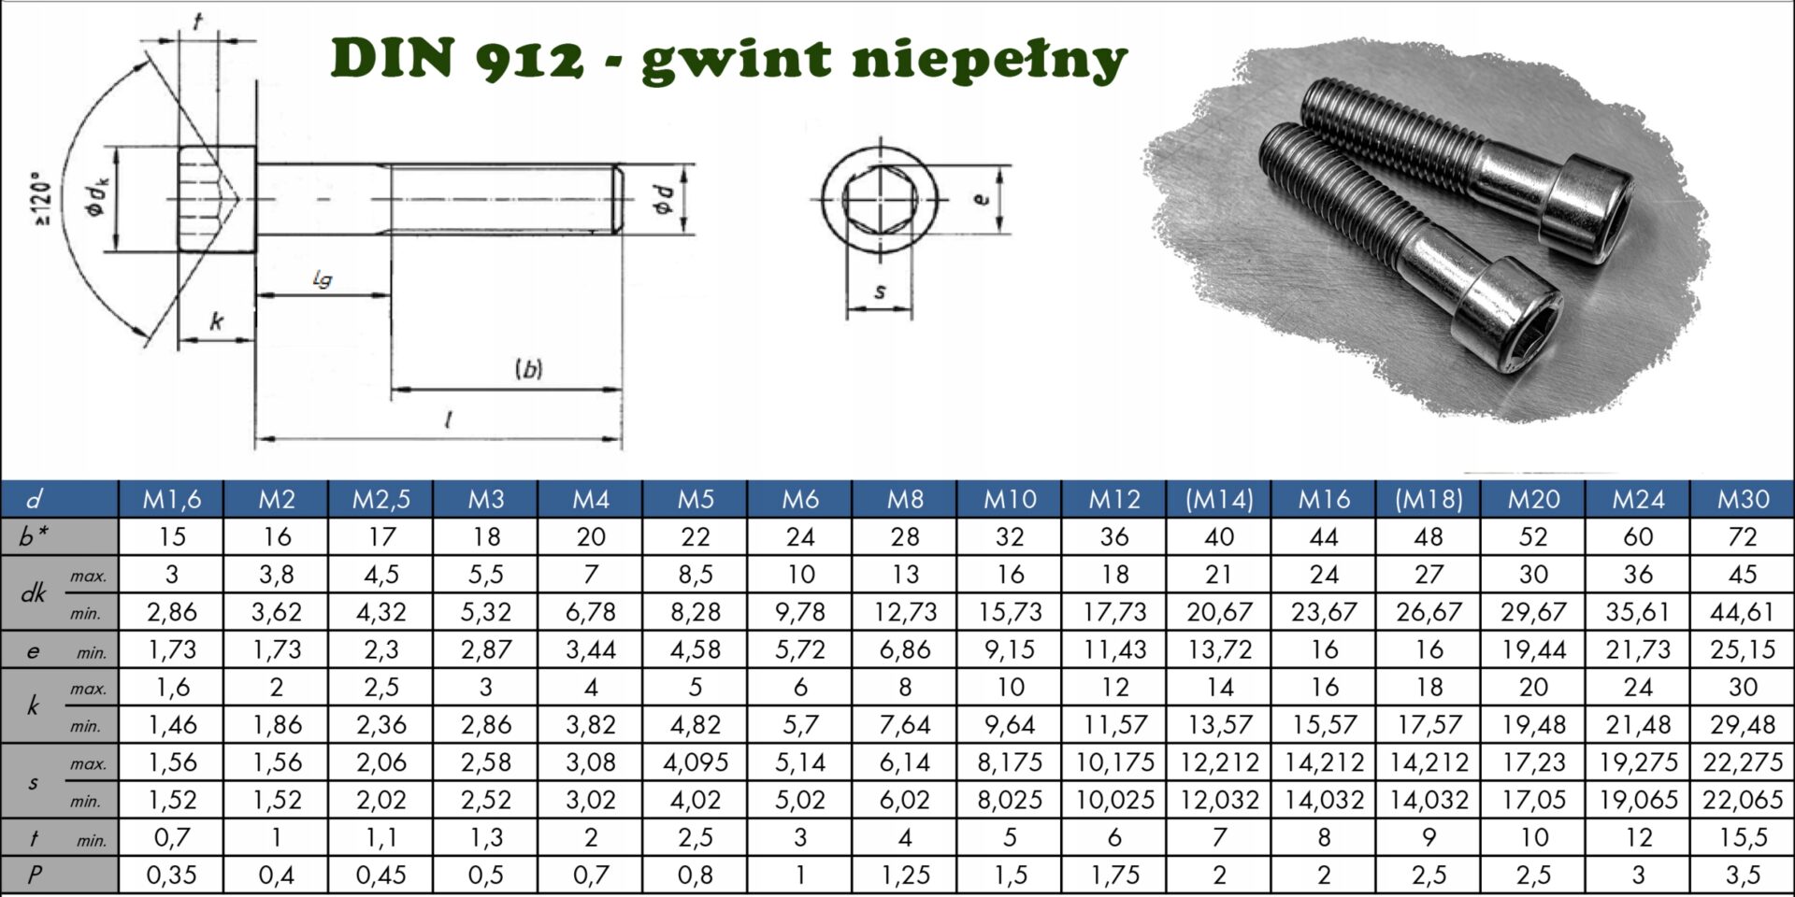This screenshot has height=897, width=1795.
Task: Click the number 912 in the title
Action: (529, 60)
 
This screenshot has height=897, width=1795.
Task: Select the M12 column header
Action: (1114, 499)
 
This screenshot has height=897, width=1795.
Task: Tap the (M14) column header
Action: (1219, 499)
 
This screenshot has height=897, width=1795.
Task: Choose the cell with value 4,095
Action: (696, 762)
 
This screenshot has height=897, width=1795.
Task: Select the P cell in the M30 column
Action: (1743, 876)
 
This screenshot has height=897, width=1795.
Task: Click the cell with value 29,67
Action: (1533, 612)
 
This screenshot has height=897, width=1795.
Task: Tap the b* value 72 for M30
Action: (1743, 536)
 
